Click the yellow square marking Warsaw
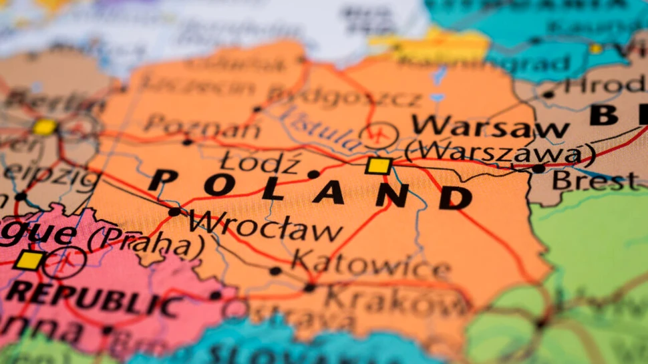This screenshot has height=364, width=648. click(x=378, y=166)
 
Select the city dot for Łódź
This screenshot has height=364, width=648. click(x=313, y=174)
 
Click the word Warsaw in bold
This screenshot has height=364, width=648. click(x=490, y=126)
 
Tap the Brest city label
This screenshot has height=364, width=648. click(x=595, y=180)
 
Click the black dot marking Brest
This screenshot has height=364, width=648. click(x=538, y=169)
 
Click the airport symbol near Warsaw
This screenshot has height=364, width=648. click(x=379, y=136)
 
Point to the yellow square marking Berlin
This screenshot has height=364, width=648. click(x=45, y=127)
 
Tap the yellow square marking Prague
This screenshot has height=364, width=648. click(x=29, y=260)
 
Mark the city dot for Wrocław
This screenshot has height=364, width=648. click(x=174, y=212)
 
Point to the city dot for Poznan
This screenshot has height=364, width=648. click(x=188, y=142)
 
